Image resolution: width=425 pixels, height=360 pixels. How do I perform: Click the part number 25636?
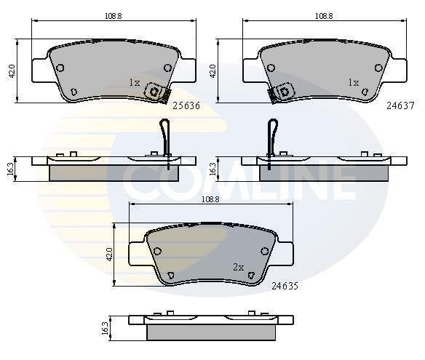pos(186,105)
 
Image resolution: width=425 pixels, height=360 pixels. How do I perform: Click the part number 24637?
pos(400,105)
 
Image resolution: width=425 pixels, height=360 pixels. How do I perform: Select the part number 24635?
pos(285,286)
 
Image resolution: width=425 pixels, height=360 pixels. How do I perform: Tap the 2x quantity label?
pos(239,268)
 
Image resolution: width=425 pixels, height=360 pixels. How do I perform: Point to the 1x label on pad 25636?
pos(135,82)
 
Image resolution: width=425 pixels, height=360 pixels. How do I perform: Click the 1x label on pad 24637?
pos(354,82)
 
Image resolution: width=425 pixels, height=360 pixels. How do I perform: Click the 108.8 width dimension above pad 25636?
pos(114,16)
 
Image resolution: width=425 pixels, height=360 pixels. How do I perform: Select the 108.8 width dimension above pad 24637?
pos(324,16)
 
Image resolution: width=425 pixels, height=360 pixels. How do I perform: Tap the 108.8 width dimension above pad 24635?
pos(210,199)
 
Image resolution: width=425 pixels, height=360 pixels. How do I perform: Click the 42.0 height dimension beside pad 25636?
pos(12,71)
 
